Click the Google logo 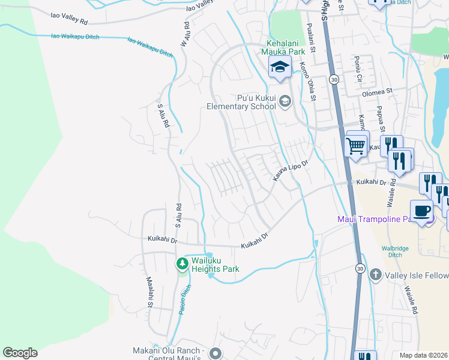click(20, 353)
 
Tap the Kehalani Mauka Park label click(287, 47)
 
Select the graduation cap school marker click(280, 67)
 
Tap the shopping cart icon click(357, 145)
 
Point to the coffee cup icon click(421, 211)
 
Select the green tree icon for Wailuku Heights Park click(182, 263)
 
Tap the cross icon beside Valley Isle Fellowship click(375, 275)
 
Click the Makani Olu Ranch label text click(170, 351)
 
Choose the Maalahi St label click(149, 293)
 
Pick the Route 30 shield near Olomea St click(334, 80)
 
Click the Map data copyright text click(423, 355)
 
